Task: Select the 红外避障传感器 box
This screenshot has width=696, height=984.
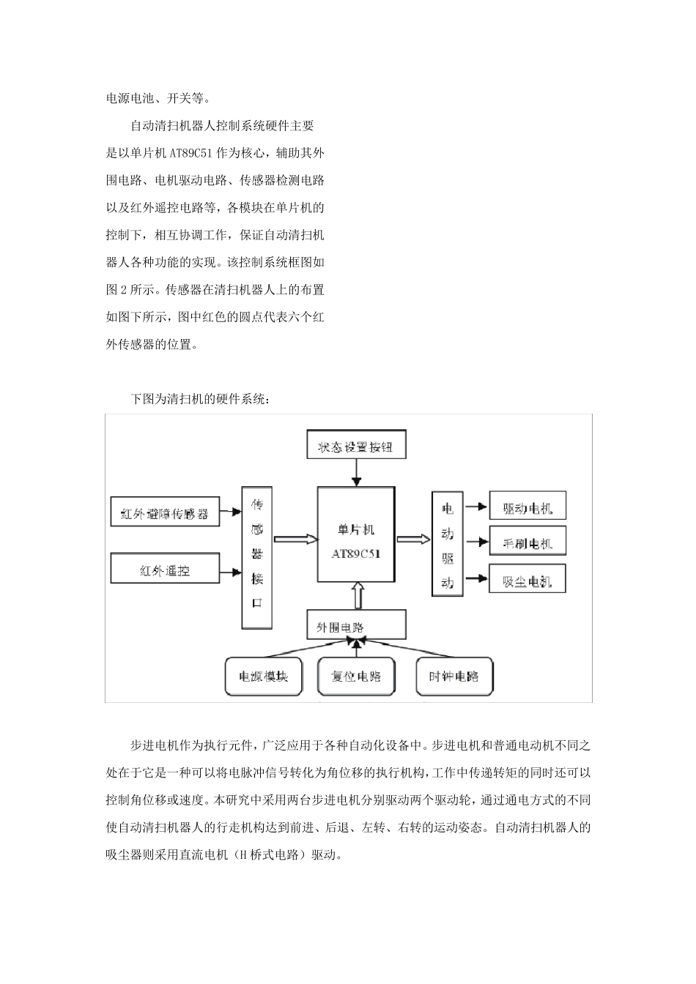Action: pyautogui.click(x=164, y=513)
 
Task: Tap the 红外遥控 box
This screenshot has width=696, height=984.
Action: pyautogui.click(x=164, y=570)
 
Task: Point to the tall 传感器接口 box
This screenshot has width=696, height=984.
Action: pyautogui.click(x=257, y=556)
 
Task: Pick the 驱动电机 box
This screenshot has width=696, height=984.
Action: pyautogui.click(x=527, y=507)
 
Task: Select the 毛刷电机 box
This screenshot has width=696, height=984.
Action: pyautogui.click(x=527, y=543)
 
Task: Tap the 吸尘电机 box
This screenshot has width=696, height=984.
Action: pyautogui.click(x=527, y=581)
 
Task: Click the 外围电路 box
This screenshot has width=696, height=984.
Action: pyautogui.click(x=356, y=626)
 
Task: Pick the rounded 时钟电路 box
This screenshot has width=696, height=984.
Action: pyautogui.click(x=453, y=676)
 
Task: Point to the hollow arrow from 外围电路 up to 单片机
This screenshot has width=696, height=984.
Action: pyautogui.click(x=358, y=595)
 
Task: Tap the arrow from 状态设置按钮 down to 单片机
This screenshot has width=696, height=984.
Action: pyautogui.click(x=356, y=473)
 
